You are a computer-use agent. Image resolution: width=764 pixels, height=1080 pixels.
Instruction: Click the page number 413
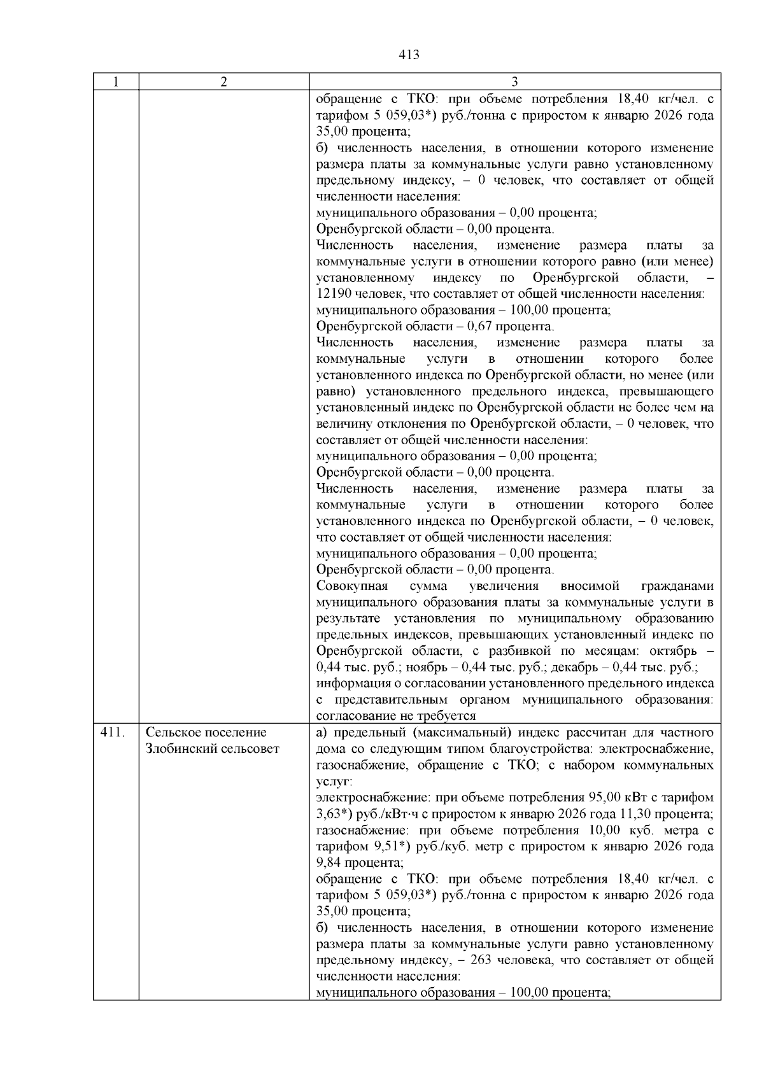(x=409, y=55)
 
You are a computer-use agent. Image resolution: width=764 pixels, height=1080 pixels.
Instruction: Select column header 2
(x=223, y=81)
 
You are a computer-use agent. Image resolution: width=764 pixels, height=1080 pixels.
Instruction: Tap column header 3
(x=514, y=81)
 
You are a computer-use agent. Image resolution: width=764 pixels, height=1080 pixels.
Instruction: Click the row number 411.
(x=111, y=733)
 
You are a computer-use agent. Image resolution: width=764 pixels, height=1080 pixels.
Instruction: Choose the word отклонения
(x=400, y=424)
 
